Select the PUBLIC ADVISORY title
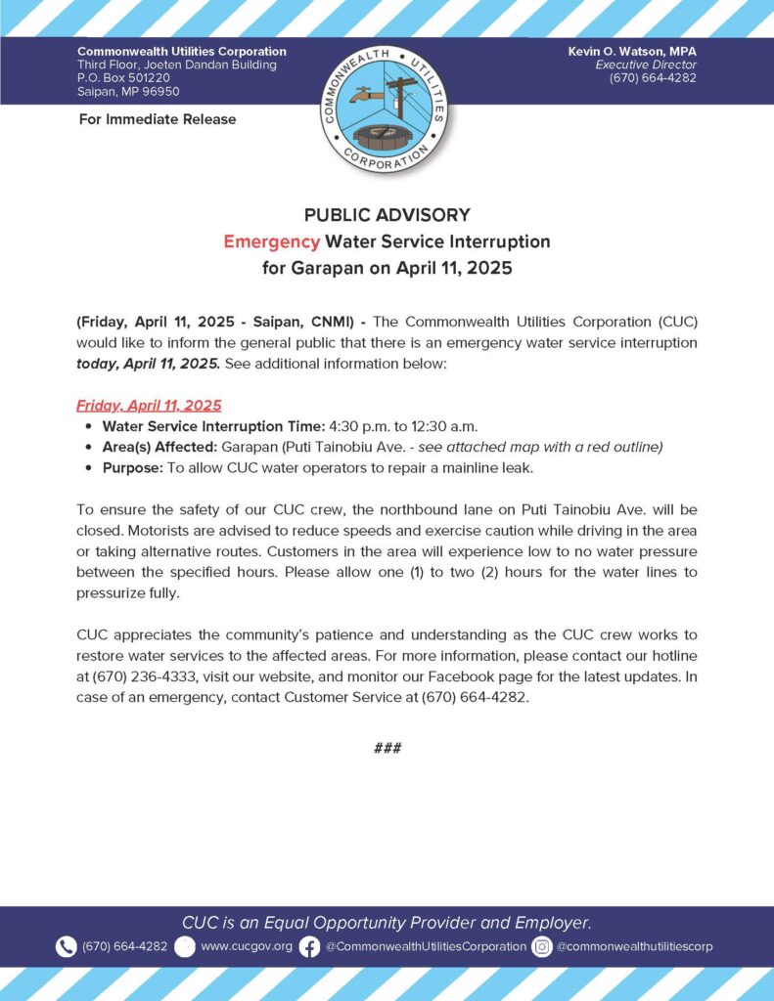(387, 215)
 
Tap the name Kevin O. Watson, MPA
(632, 51)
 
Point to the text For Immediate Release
(157, 119)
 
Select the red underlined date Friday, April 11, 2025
(149, 405)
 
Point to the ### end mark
(387, 748)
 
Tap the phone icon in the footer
(66, 946)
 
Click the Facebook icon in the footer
(309, 946)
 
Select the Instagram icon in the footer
(542, 946)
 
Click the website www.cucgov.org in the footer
(246, 946)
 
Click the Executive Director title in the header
(646, 65)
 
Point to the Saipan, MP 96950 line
(122, 92)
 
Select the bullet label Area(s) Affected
(159, 447)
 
